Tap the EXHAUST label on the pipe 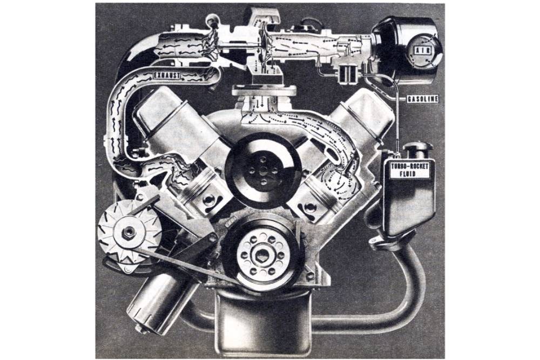(x=166, y=75)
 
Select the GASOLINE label (x=423, y=99)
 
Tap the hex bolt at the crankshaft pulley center (x=261, y=255)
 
